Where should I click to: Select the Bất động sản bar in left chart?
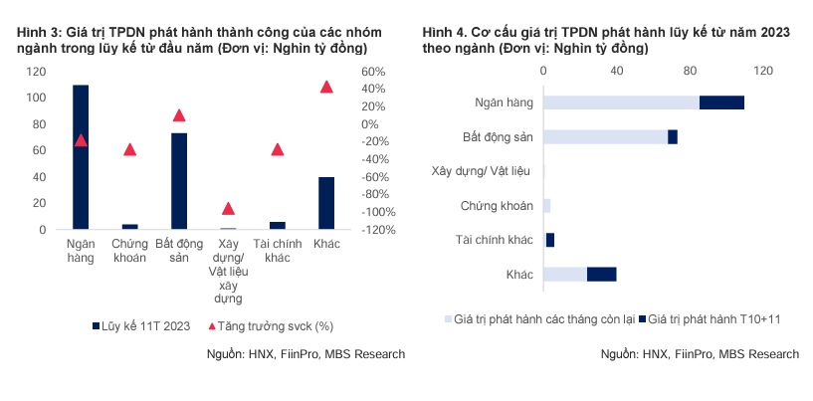(179, 181)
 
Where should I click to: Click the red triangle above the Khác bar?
(326, 88)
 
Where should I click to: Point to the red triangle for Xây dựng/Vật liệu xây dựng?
(228, 209)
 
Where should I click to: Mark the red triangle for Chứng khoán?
(129, 149)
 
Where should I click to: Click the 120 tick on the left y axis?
(37, 72)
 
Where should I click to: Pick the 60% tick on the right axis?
(374, 72)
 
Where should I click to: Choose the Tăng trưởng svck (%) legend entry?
(269, 325)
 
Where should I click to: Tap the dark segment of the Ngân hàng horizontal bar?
(721, 102)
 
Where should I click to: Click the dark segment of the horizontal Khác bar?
(601, 274)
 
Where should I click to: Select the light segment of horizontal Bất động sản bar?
(605, 136)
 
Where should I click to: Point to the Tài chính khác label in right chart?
(495, 240)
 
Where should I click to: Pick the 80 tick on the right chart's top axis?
(691, 71)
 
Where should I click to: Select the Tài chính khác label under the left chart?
(277, 251)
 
